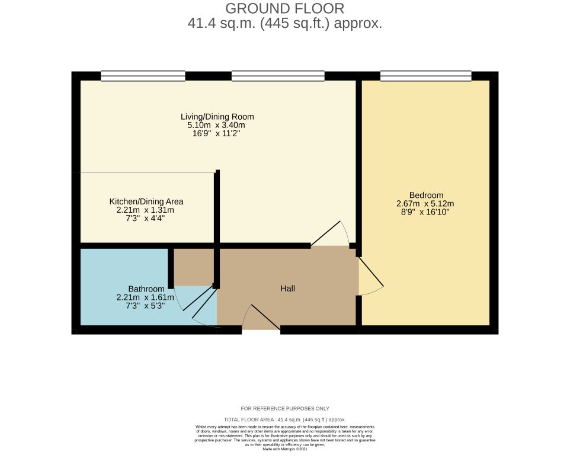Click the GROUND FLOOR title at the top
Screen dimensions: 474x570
pos(284,8)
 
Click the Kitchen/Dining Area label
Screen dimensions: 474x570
pos(146,201)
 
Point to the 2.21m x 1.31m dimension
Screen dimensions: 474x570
pos(146,210)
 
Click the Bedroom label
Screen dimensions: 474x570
pos(426,195)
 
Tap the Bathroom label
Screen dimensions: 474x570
pos(146,289)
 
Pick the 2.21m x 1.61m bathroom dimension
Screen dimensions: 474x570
pos(146,297)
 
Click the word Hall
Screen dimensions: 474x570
pos(287,289)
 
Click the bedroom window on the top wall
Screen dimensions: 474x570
pos(425,76)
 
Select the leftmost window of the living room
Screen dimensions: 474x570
pos(143,76)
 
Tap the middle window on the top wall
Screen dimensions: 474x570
pos(278,76)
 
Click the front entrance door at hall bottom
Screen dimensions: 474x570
pos(261,320)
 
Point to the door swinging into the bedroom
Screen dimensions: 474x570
pos(370,276)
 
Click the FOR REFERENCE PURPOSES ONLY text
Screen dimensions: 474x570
pos(285,408)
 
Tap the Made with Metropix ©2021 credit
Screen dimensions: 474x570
pos(285,450)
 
